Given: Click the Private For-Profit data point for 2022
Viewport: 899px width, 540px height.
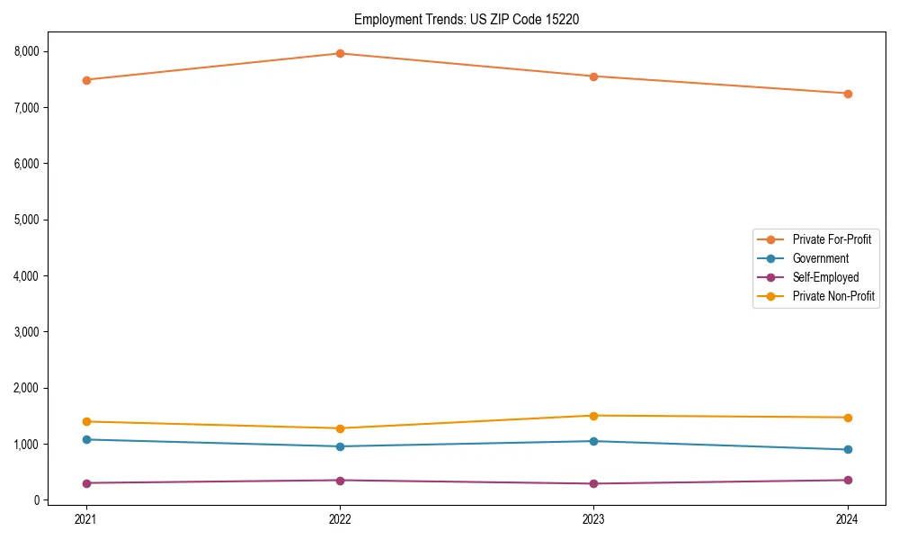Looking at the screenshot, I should coord(340,53).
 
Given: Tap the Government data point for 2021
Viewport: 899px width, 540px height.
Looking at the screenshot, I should coord(86,439).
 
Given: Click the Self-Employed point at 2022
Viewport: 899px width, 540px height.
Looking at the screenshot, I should coord(340,480).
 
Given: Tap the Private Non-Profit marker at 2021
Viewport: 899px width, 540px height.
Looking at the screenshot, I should coord(86,421).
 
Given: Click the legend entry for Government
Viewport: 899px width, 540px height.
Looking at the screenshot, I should coord(820,258).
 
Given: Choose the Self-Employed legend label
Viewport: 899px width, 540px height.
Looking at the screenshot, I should coord(825,277).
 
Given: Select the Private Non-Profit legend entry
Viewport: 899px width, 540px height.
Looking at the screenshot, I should coord(833,296).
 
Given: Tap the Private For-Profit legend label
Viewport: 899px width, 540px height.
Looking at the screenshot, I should coord(832,239).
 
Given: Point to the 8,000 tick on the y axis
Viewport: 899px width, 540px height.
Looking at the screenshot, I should coord(27,51).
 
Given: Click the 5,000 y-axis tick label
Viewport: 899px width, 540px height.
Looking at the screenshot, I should coord(27,220).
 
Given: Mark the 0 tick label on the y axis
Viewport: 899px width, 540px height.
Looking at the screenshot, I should coord(37,500).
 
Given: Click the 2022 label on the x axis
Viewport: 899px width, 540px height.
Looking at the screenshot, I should coord(340,518).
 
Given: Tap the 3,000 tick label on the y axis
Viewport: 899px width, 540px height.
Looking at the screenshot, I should coord(27,332).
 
